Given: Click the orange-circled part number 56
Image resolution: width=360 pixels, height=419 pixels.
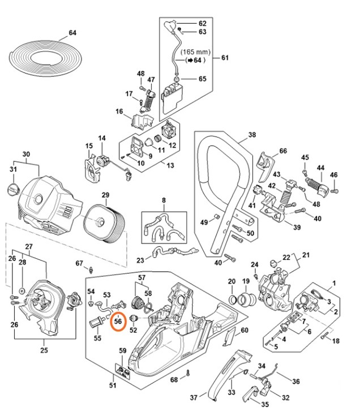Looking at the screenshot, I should (118, 321).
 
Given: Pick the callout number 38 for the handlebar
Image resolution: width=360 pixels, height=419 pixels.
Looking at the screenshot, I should (252, 135).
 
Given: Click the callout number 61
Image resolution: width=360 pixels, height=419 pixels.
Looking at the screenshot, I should (224, 58).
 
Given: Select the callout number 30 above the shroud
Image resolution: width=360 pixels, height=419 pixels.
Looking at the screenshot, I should (25, 155).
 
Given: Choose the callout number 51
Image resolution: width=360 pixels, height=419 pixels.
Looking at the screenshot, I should (113, 386).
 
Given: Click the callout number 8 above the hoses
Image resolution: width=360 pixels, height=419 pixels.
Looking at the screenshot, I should (164, 200).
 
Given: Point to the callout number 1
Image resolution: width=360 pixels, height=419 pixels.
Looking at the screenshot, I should (334, 282).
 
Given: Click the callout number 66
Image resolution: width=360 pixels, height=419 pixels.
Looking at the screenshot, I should (283, 151).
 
